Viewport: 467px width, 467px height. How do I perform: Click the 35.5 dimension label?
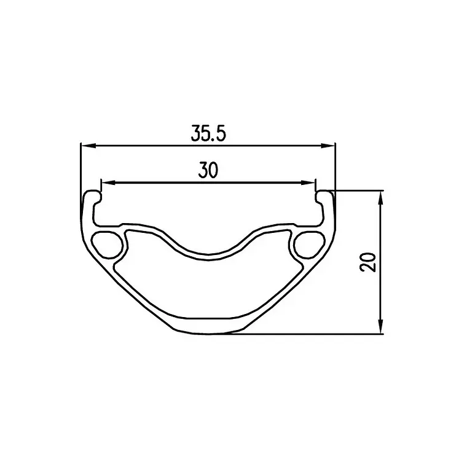point(208,133)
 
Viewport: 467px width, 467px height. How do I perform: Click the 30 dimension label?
point(208,170)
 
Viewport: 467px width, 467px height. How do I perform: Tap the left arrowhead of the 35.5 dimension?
point(88,146)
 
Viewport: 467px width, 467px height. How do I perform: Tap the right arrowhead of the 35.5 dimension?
point(328,146)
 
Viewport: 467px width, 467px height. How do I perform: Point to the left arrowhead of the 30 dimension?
point(108,182)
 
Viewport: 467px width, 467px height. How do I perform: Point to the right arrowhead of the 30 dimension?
point(308,182)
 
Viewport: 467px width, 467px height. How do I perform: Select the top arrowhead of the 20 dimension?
point(380,198)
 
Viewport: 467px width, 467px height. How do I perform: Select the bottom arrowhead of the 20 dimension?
point(380,326)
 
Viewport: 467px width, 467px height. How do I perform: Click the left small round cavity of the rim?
point(107,244)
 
